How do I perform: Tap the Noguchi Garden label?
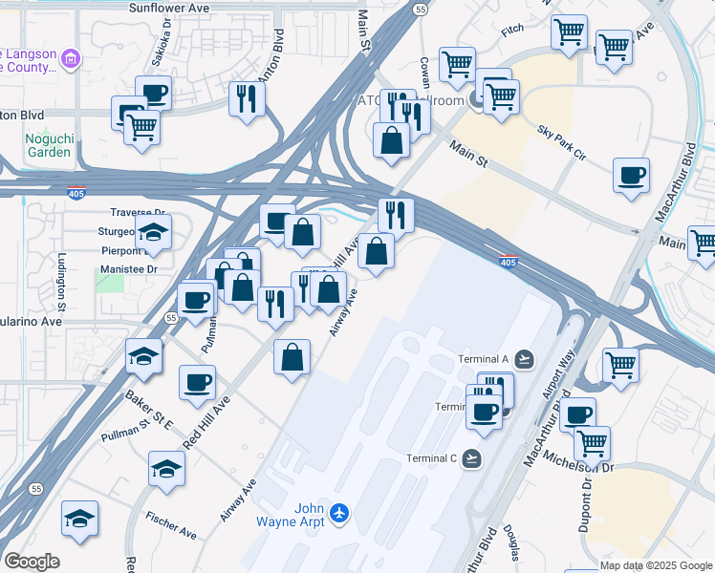coord(48,144)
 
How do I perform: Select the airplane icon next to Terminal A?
coord(524,359)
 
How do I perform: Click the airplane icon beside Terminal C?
coord(470,458)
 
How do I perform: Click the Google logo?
coord(32,562)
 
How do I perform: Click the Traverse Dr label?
coord(139,213)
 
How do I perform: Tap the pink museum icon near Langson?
coord(69,60)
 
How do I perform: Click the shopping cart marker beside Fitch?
coord(569,32)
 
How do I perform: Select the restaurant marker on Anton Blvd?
coord(247,97)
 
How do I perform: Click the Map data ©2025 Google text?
coord(656,565)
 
